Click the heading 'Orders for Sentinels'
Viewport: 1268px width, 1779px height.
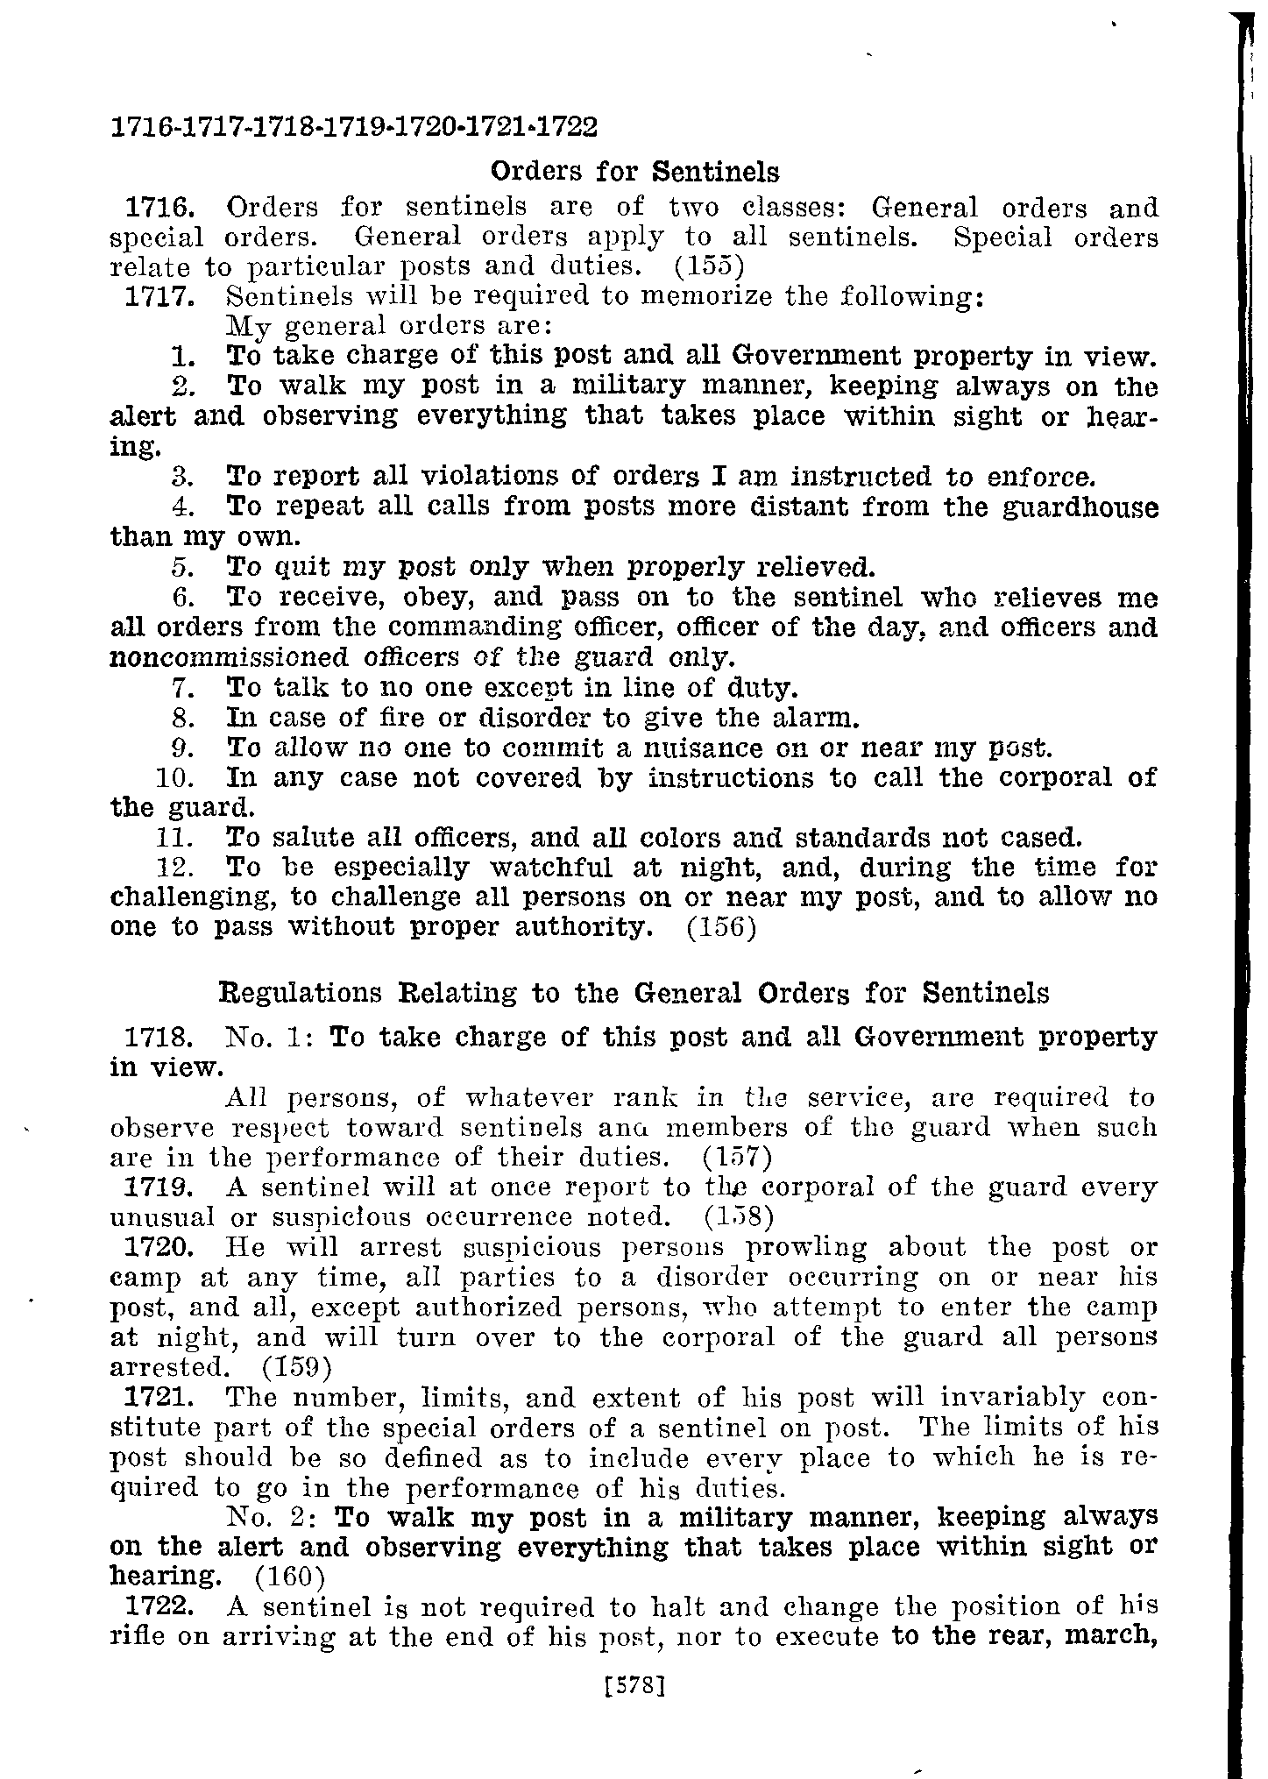click(x=634, y=169)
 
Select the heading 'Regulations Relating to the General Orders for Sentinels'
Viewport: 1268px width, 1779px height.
click(x=633, y=993)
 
